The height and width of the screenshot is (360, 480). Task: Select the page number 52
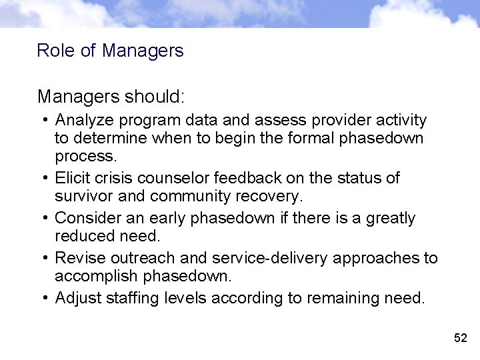point(461,338)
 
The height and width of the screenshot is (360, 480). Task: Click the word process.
point(85,156)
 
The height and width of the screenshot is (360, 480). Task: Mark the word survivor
point(85,196)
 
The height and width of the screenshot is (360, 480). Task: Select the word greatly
point(388,219)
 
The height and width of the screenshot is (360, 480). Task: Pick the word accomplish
point(99,276)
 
